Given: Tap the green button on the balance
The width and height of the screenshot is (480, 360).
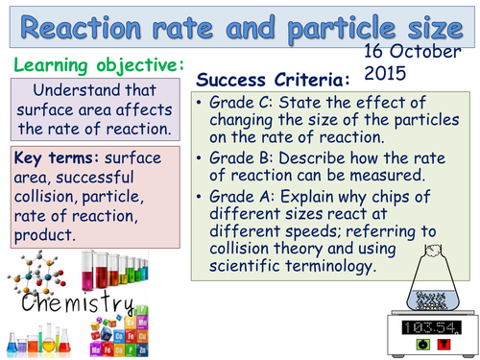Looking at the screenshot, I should coord(420,342).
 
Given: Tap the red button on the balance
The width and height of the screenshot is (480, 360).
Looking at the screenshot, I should coord(444,342).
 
